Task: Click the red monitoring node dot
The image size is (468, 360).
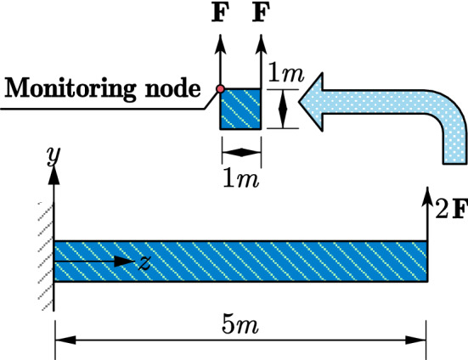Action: [220, 89]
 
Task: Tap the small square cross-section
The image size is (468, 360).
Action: [240, 110]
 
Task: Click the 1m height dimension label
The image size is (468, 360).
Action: [285, 75]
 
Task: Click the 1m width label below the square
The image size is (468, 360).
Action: [241, 178]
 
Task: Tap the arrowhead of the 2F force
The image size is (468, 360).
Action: [426, 199]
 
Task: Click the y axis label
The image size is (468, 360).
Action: [53, 154]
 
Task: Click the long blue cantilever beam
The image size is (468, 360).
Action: [255, 262]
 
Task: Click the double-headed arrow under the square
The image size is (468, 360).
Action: [241, 152]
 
